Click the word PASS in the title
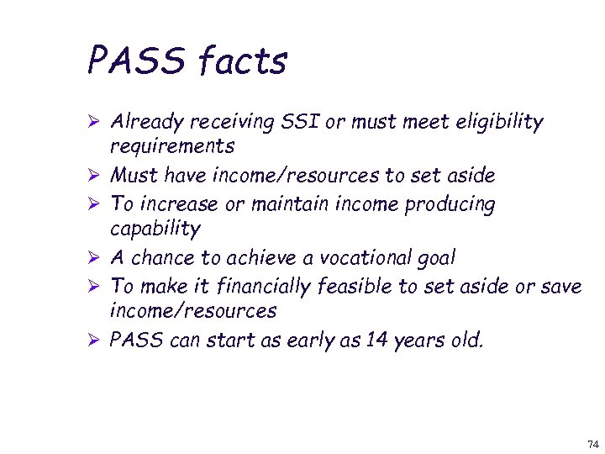pos(134,61)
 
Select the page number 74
pos(592,443)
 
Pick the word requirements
pos(172,147)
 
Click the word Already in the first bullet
pos(149,123)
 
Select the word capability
pos(155,229)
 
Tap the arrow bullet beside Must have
pos(95,177)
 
